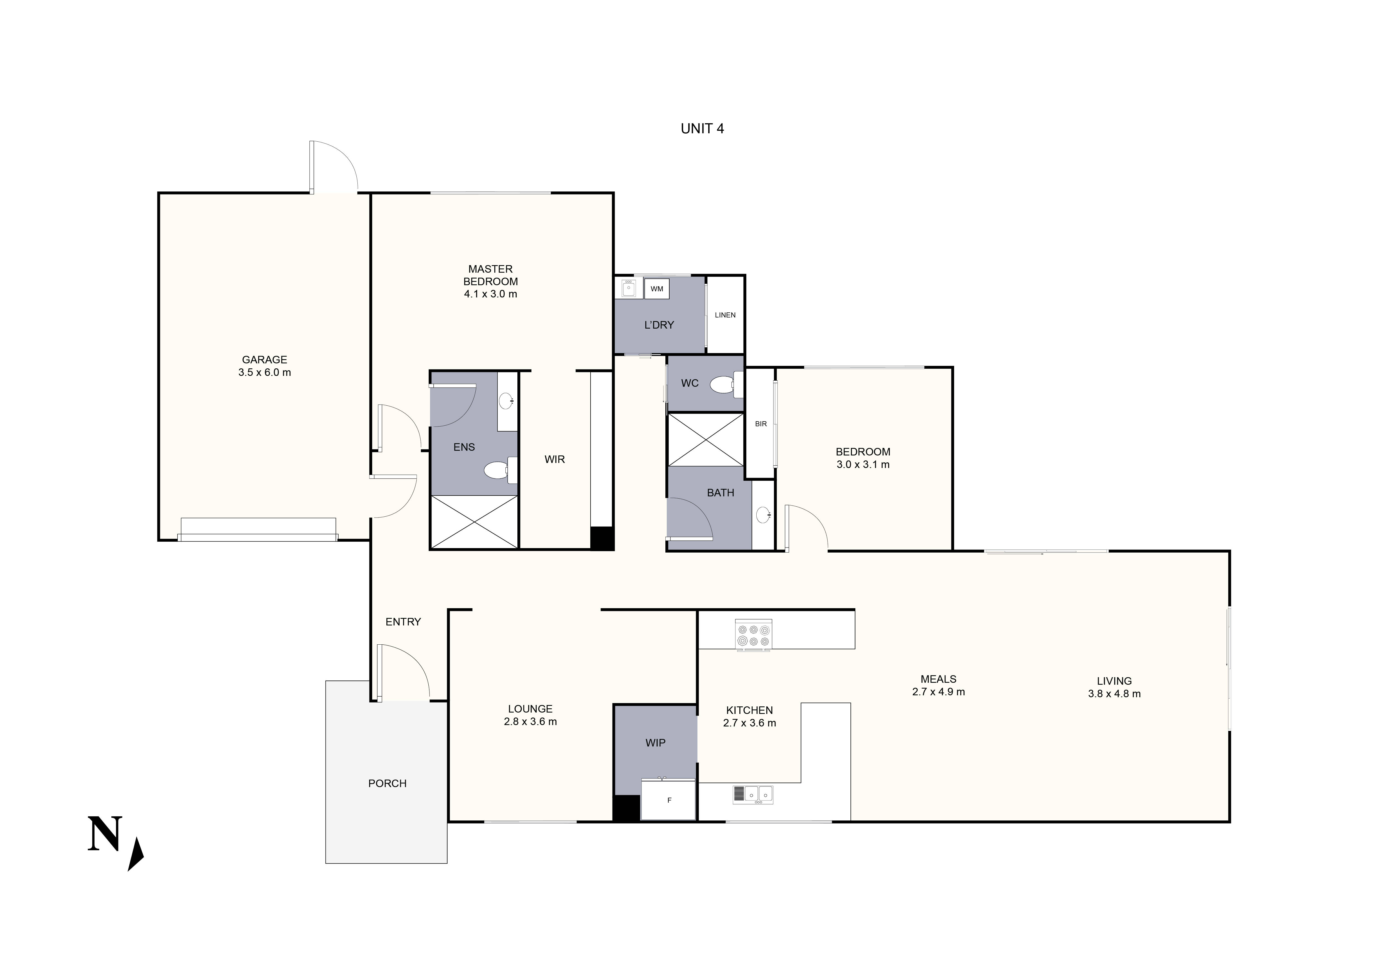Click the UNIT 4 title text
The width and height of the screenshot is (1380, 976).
click(702, 129)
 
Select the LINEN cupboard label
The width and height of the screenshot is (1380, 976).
click(725, 315)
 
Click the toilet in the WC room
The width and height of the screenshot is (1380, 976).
click(724, 385)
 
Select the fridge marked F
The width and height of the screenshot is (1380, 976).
click(668, 800)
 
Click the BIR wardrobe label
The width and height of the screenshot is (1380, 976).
click(760, 424)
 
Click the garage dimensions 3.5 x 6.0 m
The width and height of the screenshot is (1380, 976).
click(265, 373)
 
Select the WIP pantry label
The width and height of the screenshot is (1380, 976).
click(655, 743)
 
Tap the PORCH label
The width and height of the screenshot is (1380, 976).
click(387, 783)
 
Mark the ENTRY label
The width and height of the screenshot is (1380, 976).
click(403, 622)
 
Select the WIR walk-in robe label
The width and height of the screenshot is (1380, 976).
click(554, 459)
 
